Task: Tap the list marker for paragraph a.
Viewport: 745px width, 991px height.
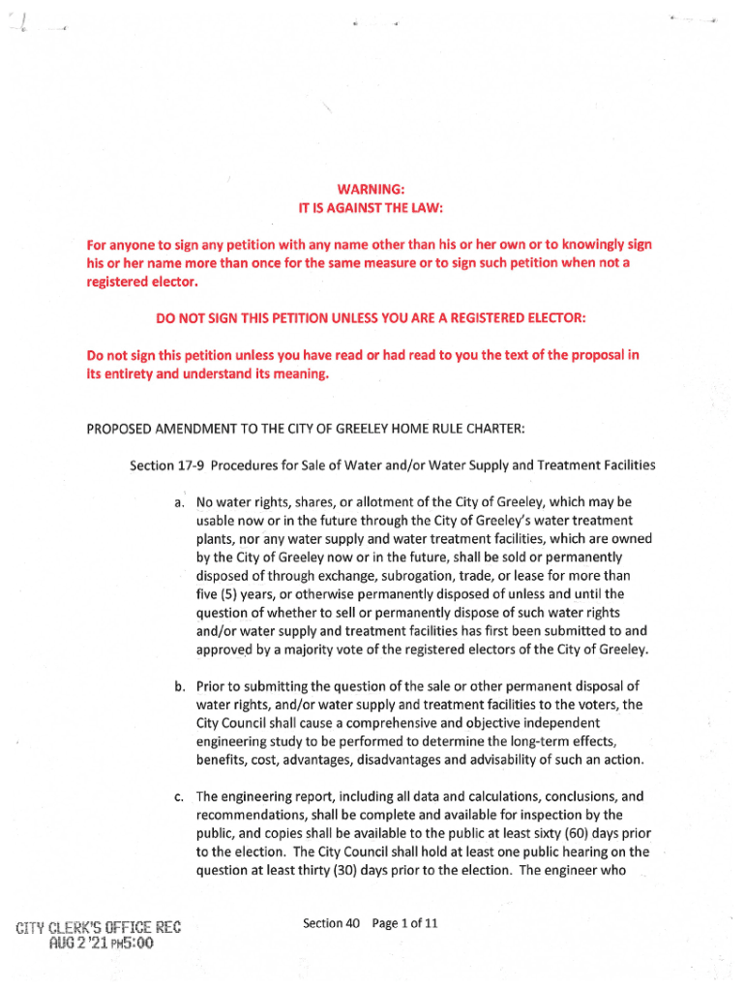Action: [x=180, y=503]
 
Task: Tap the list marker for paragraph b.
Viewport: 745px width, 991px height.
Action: [x=181, y=687]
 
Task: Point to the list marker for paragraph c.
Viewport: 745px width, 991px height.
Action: [x=180, y=797]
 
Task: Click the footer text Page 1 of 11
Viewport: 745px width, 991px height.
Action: [x=406, y=923]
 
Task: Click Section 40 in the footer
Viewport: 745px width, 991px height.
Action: [x=331, y=923]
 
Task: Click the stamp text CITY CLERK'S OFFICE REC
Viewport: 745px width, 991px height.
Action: [x=99, y=928]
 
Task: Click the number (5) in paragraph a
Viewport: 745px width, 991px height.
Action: [x=231, y=594]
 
